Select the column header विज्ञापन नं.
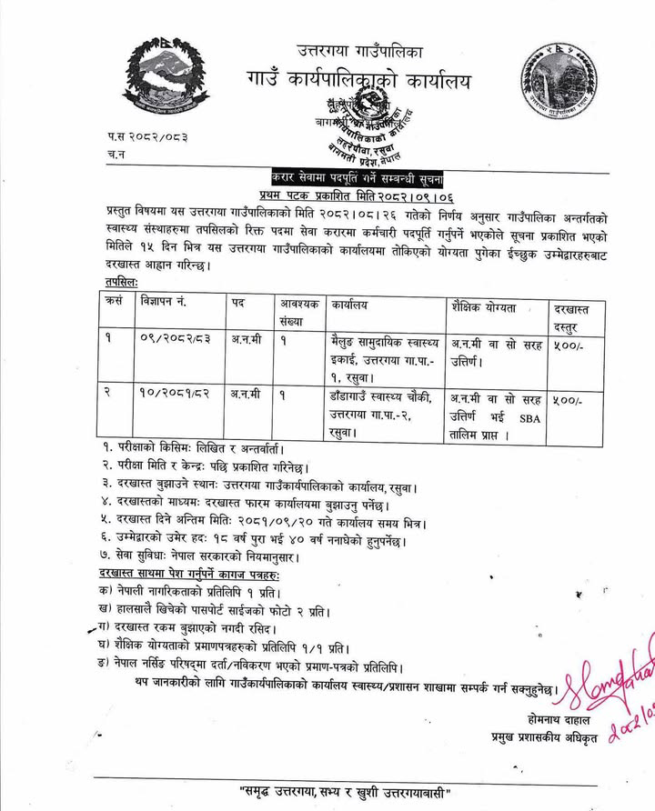click(x=170, y=301)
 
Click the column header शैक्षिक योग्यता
click(x=483, y=307)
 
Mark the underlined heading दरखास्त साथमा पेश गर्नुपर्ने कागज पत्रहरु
click(x=189, y=575)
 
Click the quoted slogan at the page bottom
click(x=345, y=788)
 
